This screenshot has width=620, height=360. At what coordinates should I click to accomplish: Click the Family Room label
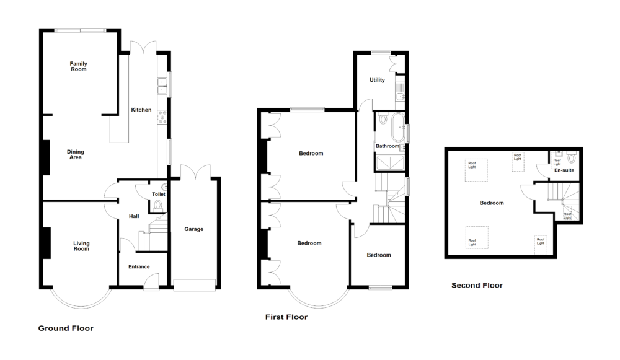(x=78, y=66)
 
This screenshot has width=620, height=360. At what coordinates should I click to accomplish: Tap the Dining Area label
(x=76, y=154)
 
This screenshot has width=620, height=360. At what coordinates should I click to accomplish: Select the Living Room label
(x=81, y=246)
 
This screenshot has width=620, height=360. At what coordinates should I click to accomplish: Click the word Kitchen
(x=141, y=110)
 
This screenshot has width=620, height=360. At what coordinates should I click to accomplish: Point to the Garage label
(x=194, y=229)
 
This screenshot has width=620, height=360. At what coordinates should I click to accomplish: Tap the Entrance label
(x=138, y=267)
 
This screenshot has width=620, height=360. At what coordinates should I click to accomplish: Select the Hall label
(x=133, y=216)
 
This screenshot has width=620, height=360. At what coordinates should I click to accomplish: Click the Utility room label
(x=377, y=80)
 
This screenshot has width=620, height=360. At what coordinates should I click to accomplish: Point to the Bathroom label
(x=387, y=146)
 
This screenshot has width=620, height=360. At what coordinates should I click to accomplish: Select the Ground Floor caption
(x=66, y=328)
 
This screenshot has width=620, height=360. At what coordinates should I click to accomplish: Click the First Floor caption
(x=286, y=317)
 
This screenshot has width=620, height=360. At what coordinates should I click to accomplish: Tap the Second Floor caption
(x=477, y=286)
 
